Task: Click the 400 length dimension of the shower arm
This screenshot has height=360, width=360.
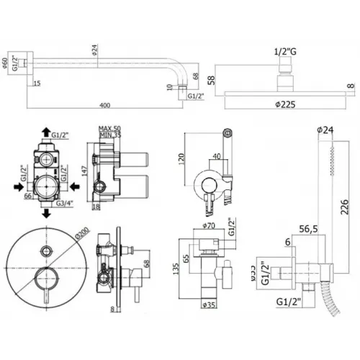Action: click(x=105, y=106)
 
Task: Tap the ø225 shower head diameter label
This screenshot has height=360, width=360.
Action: click(x=281, y=103)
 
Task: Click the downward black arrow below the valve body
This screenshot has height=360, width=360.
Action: click(x=47, y=213)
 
